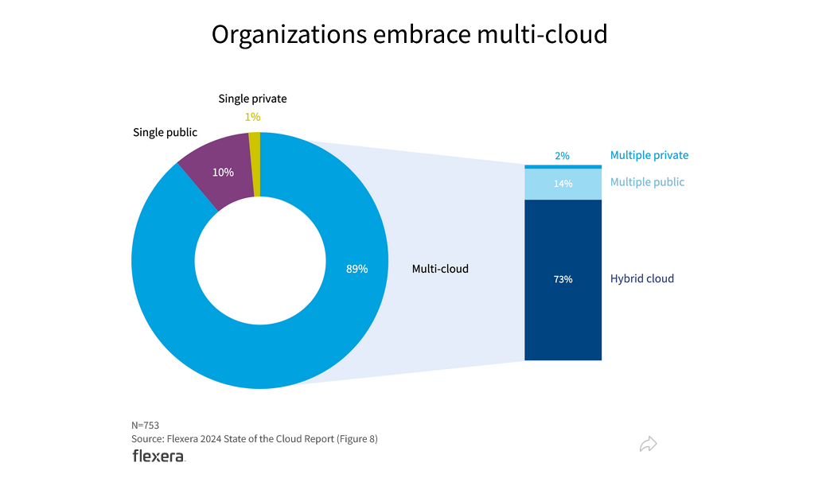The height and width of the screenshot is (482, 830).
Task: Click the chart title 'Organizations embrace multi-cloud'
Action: coord(409,35)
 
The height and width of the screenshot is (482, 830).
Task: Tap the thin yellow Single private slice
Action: coord(255,164)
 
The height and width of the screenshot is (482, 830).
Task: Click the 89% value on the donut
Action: coord(357,269)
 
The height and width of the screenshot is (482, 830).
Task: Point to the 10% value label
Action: coord(223,172)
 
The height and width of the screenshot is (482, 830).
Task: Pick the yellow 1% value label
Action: coord(252,117)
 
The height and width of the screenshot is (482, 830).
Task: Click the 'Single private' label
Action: coord(252,99)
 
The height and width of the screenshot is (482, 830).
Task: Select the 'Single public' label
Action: coord(165,132)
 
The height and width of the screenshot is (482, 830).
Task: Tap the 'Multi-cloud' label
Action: coord(440,269)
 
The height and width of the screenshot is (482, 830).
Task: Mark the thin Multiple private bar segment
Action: coord(563,166)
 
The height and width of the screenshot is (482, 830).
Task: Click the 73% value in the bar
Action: coord(563,279)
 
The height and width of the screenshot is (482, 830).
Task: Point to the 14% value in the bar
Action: coord(563,183)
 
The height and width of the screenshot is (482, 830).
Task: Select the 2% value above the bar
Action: coord(563,156)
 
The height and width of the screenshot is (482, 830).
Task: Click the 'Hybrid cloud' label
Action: coord(641,278)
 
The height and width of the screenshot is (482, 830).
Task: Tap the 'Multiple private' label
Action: coord(649,155)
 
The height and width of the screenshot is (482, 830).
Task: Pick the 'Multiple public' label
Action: coord(647,182)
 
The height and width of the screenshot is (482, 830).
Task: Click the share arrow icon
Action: coord(649,444)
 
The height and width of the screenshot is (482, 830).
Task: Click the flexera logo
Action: coord(158,456)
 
